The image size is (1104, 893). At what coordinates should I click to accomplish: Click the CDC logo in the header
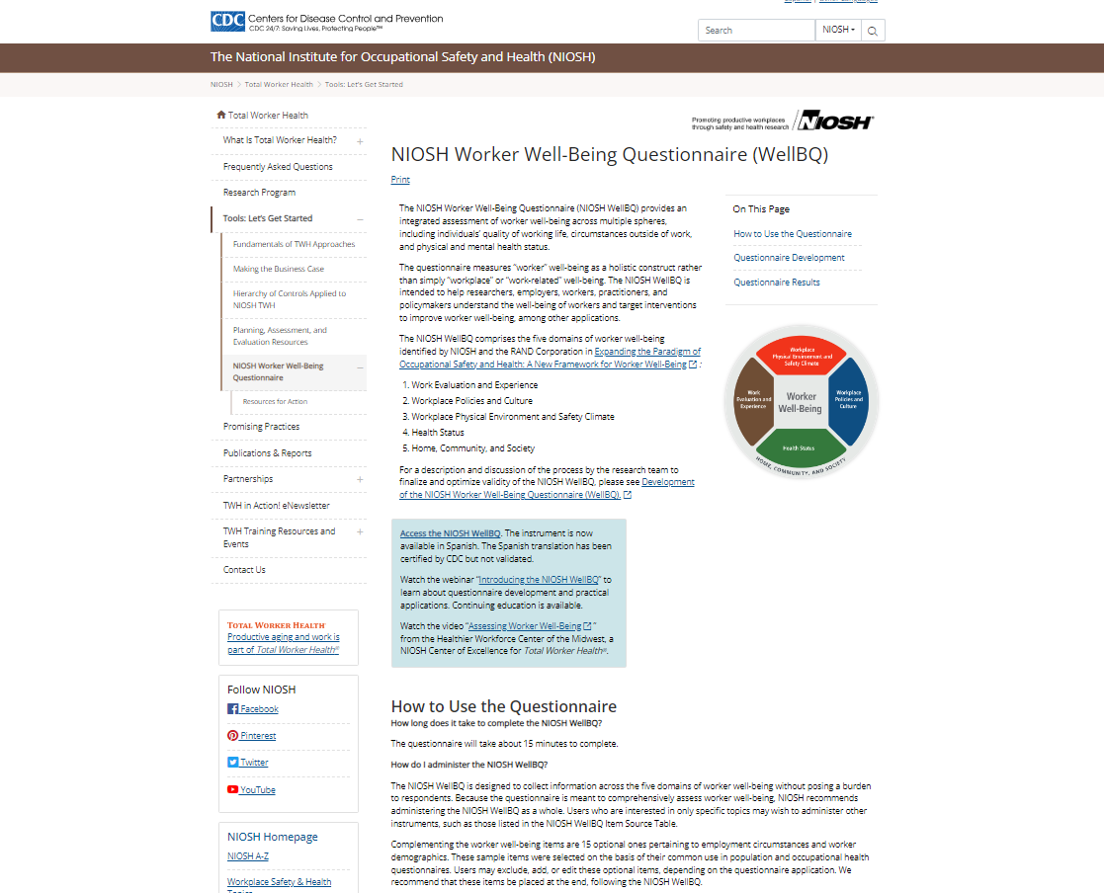228,21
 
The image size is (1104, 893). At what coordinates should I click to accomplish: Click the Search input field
756,30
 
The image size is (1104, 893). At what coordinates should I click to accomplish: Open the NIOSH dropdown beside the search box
838,30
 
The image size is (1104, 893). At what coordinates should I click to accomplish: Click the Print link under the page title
400,180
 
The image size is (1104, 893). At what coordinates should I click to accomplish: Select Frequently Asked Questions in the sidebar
278,167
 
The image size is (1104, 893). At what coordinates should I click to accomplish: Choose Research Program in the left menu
259,193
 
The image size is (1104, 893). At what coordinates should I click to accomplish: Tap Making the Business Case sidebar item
279,269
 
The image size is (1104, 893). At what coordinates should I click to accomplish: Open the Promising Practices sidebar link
261,427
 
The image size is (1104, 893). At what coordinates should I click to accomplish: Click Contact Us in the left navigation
244,570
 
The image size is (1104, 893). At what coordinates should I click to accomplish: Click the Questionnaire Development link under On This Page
789,258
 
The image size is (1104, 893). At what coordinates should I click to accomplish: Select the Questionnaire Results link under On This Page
777,283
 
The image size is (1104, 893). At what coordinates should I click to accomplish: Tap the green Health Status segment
800,448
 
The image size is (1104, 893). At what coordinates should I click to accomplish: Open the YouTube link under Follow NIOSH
257,790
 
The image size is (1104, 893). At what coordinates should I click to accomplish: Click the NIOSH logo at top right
834,122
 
